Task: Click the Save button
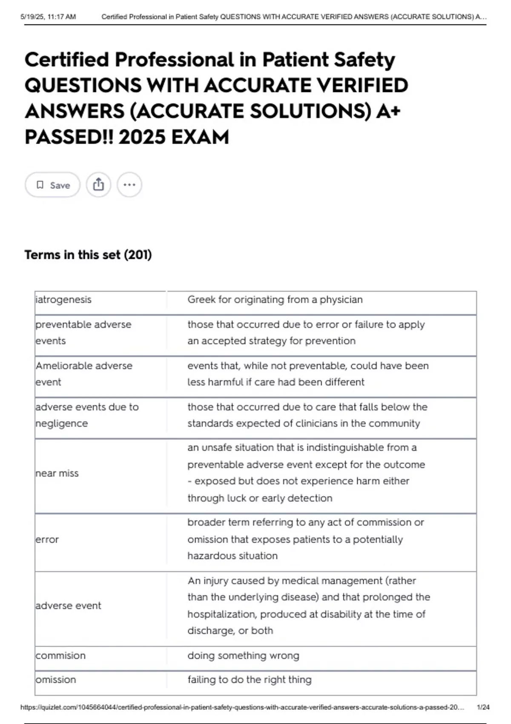pos(53,185)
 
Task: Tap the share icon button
pos(98,185)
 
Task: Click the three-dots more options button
pos(129,185)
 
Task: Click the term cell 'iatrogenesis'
pos(63,300)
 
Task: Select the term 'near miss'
pos(57,474)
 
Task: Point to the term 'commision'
pos(60,656)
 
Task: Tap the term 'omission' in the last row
pos(56,680)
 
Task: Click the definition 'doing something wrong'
pos(243,656)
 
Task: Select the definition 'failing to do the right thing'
pos(250,680)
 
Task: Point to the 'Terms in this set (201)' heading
pos(88,255)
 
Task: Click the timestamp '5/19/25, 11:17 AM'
pos(48,17)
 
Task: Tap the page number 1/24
pos(483,707)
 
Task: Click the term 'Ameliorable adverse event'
pos(84,374)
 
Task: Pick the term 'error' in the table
pos(47,540)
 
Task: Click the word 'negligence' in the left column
pos(62,424)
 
